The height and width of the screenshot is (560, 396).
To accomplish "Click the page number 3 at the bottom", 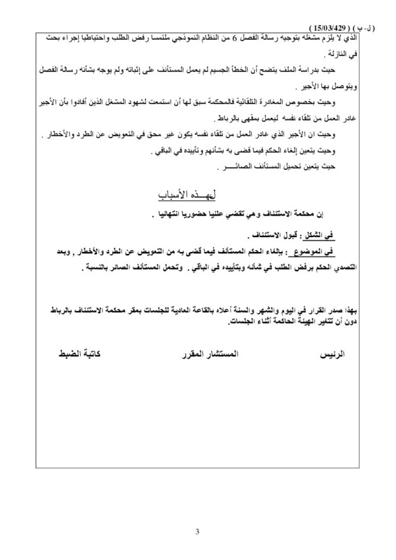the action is click(x=198, y=532).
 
